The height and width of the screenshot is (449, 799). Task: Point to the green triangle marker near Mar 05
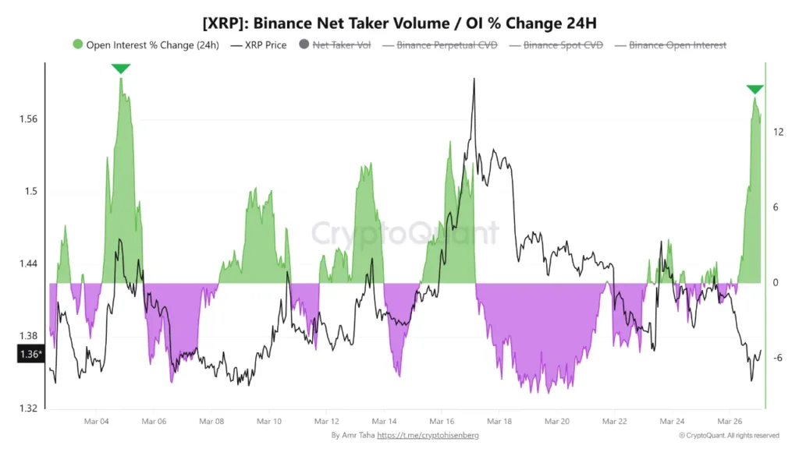click(x=120, y=69)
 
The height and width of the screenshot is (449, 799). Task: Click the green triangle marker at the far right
click(x=755, y=90)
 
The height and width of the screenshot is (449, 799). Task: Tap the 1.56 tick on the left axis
click(x=29, y=119)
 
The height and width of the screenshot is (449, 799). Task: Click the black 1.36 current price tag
click(x=30, y=355)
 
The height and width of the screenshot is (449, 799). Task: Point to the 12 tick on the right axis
click(x=777, y=133)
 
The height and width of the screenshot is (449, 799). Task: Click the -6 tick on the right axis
click(x=777, y=358)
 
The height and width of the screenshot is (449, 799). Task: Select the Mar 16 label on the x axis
click(x=442, y=421)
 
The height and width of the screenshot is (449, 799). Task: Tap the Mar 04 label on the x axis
click(x=96, y=421)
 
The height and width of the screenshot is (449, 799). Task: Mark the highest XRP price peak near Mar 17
click(x=474, y=80)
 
